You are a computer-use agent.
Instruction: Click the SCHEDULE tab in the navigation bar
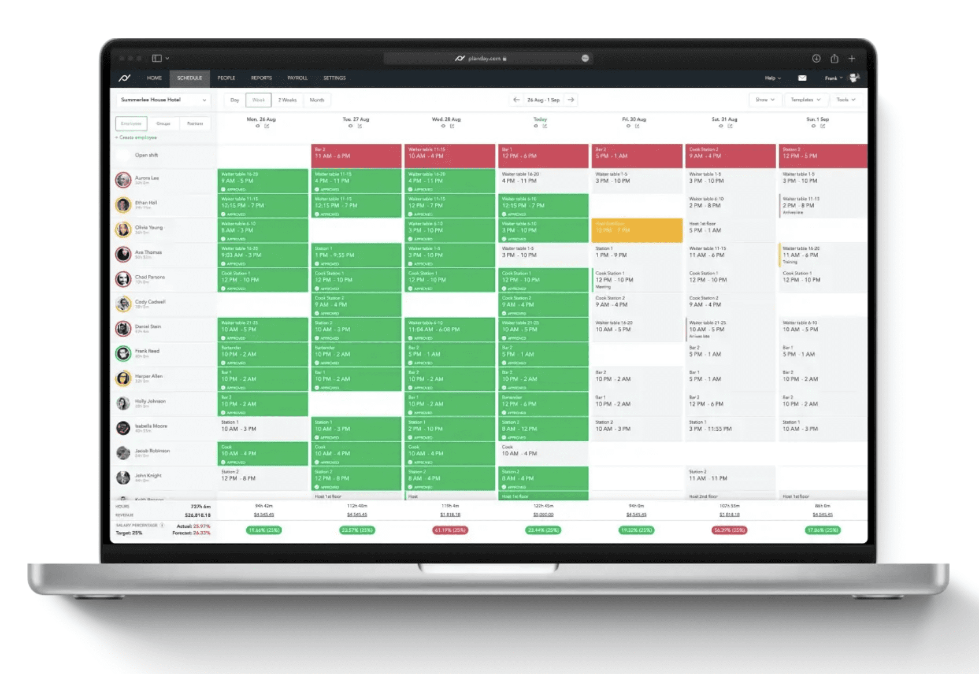click(190, 78)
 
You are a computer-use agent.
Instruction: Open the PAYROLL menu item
click(297, 78)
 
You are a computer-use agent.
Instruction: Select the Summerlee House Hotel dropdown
click(163, 100)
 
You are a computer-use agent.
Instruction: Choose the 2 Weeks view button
click(287, 100)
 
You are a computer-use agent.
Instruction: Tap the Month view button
click(317, 100)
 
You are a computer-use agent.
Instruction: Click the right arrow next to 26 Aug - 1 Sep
click(571, 100)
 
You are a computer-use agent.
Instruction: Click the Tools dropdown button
click(846, 100)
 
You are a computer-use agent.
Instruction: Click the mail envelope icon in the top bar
click(802, 78)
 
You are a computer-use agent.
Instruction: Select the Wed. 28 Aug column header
click(446, 120)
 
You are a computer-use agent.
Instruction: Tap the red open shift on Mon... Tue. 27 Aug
click(356, 156)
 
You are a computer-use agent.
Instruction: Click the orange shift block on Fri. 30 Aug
click(637, 230)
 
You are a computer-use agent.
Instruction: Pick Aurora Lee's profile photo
click(123, 180)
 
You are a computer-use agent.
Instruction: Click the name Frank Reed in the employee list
click(147, 351)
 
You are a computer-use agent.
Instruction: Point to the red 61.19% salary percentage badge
click(450, 530)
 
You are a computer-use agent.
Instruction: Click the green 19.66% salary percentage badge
click(264, 530)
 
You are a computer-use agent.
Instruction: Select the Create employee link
click(138, 138)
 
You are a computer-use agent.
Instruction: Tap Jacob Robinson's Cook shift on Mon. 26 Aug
click(262, 454)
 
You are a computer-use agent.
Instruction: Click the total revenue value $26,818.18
click(198, 515)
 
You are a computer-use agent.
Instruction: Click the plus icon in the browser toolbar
click(852, 58)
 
